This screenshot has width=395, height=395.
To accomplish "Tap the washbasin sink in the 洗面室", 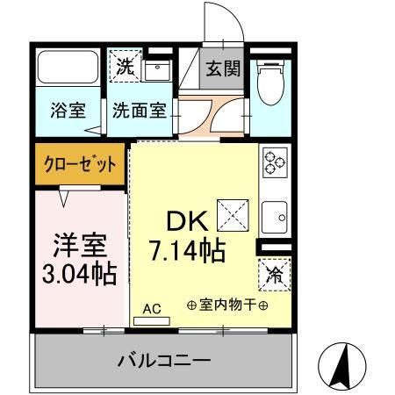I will [x=158, y=71].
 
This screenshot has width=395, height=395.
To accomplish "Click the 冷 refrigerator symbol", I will [x=273, y=275].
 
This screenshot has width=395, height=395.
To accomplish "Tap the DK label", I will [x=184, y=220].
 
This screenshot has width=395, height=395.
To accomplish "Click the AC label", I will [x=152, y=308].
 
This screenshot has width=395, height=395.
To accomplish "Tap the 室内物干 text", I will [x=227, y=305].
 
